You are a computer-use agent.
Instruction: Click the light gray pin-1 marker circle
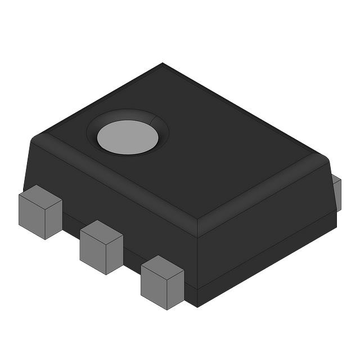coord(128,137)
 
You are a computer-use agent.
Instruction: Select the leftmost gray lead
coord(40,212)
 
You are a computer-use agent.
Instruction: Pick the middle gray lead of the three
coord(101,247)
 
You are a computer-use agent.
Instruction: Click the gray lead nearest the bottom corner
coord(162,282)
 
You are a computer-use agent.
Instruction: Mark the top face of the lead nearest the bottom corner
coord(163,267)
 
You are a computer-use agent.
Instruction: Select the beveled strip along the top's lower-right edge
coord(264,194)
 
